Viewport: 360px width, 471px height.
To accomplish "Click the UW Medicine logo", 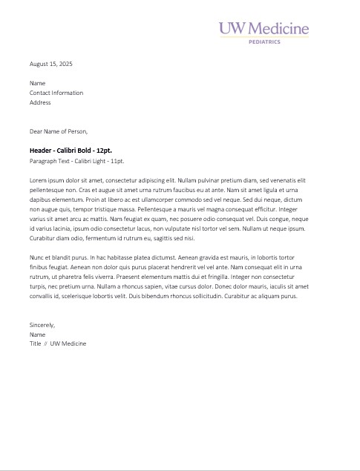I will coord(264,29).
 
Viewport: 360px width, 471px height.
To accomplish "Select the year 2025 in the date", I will coord(65,64).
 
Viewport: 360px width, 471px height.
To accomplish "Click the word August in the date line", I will coord(39,64).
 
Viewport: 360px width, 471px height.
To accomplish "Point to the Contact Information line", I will coord(56,93).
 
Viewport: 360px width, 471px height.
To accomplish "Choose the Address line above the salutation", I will coord(40,102).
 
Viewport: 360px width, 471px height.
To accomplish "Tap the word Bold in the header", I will coord(82,151).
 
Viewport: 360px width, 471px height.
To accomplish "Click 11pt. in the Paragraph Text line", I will coord(115,160).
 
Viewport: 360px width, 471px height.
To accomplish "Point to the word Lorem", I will coord(38,180).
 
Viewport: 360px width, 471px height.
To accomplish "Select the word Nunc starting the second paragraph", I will coord(37,257).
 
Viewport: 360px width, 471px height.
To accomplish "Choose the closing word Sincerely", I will coord(42,325).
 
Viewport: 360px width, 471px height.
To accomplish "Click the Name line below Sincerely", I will coord(37,335).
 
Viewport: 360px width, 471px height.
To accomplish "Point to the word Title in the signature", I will coord(36,344).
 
